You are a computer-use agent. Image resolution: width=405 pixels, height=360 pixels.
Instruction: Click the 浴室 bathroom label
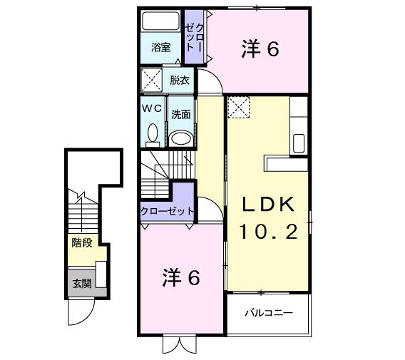coord(160,48)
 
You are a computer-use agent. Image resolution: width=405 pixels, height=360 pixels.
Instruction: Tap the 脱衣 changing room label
coord(180,81)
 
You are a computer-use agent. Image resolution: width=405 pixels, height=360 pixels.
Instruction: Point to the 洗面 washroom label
coord(180,114)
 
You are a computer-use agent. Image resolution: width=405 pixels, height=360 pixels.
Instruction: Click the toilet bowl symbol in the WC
coord(152,133)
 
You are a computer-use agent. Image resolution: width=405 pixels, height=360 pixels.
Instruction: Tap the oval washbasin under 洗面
coord(181,137)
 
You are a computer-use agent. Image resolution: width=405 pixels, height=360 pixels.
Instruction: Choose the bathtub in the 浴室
coord(161,21)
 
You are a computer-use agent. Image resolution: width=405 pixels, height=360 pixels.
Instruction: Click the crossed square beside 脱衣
coord(150,80)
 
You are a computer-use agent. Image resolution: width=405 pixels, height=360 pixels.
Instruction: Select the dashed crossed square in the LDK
coord(238,109)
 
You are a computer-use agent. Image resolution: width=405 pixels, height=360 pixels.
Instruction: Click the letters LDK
coord(268,204)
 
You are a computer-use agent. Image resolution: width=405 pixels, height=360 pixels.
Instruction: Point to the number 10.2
coord(268,232)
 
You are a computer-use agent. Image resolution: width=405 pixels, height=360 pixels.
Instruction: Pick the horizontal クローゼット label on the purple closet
coord(167,211)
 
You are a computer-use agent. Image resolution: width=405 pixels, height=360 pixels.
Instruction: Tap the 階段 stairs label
coord(81,242)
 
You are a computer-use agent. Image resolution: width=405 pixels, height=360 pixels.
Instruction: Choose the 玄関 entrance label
coord(81,283)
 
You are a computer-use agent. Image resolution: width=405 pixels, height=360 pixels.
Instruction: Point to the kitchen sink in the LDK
coord(299,141)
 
